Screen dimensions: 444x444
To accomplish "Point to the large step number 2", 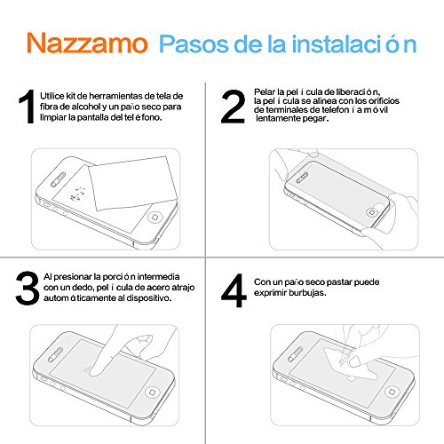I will (x=233, y=107).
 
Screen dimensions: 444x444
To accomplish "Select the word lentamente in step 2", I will (x=277, y=118).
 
